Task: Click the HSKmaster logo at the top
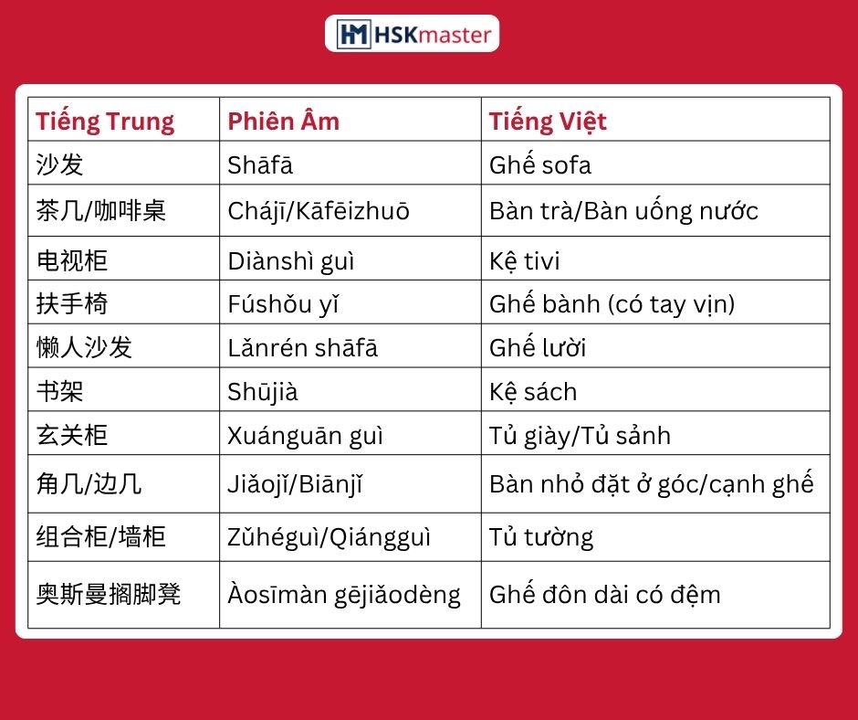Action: [x=412, y=34]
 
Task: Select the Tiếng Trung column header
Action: [x=105, y=122]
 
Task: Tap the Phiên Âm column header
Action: [x=284, y=122]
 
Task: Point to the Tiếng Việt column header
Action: [x=548, y=122]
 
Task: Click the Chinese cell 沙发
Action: [x=59, y=164]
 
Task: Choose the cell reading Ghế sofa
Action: [x=540, y=164]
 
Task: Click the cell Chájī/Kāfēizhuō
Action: [x=319, y=211]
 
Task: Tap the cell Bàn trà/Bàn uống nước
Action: [x=623, y=210]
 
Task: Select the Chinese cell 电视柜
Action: [x=72, y=260]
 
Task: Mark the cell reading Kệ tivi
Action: [x=524, y=260]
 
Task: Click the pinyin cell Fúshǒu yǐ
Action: [x=284, y=304]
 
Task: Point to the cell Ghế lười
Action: [x=538, y=347]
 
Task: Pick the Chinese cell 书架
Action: [x=59, y=391]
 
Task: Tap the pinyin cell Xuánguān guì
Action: [x=306, y=436]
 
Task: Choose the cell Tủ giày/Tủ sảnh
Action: [x=580, y=436]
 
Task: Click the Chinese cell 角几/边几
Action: [x=89, y=484]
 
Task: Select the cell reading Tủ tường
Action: [x=541, y=537]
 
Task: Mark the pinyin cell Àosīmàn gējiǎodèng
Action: [x=344, y=595]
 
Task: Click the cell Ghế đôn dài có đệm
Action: [x=604, y=594]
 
